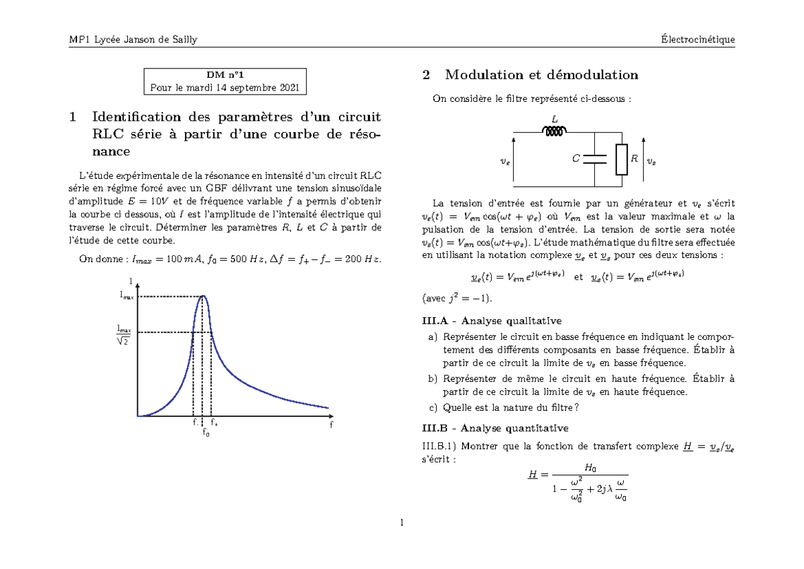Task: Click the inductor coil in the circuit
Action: (555, 132)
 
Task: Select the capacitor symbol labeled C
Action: (594, 160)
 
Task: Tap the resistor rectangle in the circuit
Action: (621, 159)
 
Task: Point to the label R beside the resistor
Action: (634, 159)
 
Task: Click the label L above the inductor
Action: (554, 119)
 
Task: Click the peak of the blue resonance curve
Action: (203, 296)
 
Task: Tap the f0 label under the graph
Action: (206, 434)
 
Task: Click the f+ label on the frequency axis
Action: (214, 424)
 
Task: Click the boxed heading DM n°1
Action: (225, 75)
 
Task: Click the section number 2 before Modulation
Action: (425, 75)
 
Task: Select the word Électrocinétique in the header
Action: (697, 40)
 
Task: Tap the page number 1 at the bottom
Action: (401, 523)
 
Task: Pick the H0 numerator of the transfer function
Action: (590, 466)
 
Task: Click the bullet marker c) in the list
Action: (431, 407)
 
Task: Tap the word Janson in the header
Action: (131, 40)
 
